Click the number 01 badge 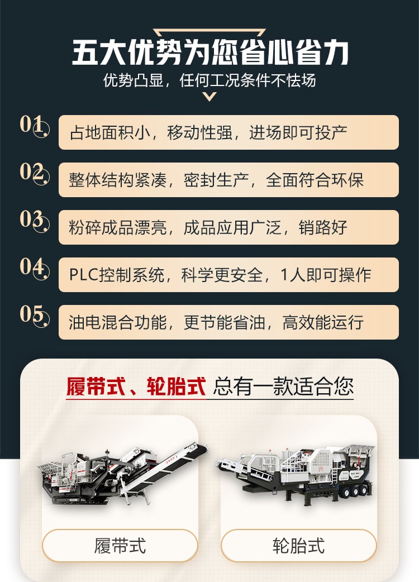[35, 126]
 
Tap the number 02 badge [35, 173]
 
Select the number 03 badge [35, 221]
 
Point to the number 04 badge [35, 268]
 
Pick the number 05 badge [35, 316]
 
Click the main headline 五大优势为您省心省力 [210, 53]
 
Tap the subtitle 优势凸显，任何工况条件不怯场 [209, 80]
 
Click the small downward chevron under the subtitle [209, 97]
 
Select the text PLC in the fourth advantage [83, 275]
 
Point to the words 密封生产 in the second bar [216, 180]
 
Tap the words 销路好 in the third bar [323, 227]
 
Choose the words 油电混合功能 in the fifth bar [118, 322]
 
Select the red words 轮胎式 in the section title [176, 387]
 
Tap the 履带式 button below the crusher [120, 546]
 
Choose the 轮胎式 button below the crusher [299, 546]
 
